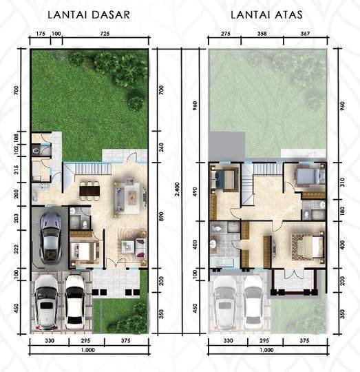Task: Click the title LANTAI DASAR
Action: pyautogui.click(x=89, y=14)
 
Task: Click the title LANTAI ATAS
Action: pyautogui.click(x=266, y=14)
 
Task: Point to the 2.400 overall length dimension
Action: pyautogui.click(x=177, y=189)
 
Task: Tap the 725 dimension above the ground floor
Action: pyautogui.click(x=105, y=34)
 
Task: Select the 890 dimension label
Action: pyautogui.click(x=161, y=216)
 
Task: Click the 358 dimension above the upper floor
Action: pyautogui.click(x=262, y=34)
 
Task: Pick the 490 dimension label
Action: pyautogui.click(x=195, y=192)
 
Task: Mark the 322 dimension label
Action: pyautogui.click(x=16, y=249)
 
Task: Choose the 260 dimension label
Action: pyautogui.click(x=161, y=147)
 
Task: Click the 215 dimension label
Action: pyautogui.click(x=16, y=169)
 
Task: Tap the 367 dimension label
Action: pyautogui.click(x=305, y=34)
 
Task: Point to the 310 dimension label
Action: pyautogui.click(x=342, y=182)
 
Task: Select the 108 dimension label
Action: pyautogui.click(x=16, y=138)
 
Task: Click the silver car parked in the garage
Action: pyautogui.click(x=51, y=238)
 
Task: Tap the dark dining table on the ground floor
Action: pyautogui.click(x=89, y=191)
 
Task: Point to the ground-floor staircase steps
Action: pyautogui.click(x=94, y=169)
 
